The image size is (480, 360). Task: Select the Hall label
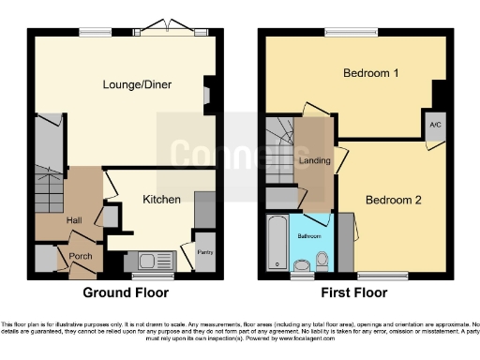tap(74, 219)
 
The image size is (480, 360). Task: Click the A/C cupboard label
tap(435, 125)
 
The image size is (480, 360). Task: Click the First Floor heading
tap(354, 292)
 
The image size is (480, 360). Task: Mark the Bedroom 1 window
tap(352, 34)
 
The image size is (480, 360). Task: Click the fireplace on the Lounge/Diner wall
tap(208, 94)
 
